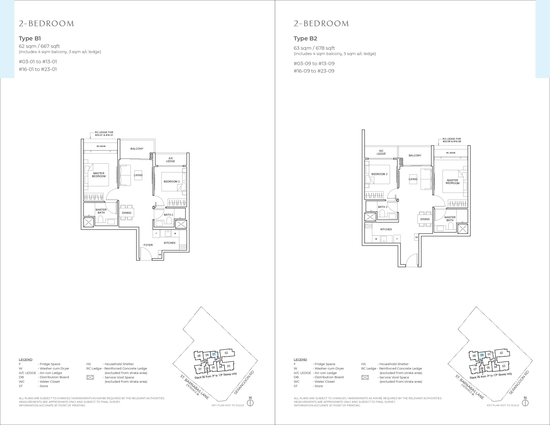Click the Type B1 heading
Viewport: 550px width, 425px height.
[x=30, y=38]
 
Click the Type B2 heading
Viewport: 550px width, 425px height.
[x=305, y=38]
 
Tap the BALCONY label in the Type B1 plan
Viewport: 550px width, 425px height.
[x=137, y=149]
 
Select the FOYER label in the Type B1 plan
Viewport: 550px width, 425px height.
[x=148, y=245]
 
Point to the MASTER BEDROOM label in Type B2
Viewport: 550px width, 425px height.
[x=452, y=182]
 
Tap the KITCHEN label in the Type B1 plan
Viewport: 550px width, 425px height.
[x=170, y=243]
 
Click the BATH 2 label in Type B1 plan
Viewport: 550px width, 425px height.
[x=168, y=215]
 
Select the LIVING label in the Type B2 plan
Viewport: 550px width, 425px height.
[x=413, y=179]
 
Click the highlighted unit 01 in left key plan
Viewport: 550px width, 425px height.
[x=214, y=354]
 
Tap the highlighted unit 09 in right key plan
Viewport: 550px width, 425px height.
[x=482, y=355]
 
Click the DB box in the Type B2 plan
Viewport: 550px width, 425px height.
[x=417, y=237]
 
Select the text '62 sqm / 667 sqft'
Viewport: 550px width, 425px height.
[x=39, y=46]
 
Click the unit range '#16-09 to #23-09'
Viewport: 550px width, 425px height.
[x=314, y=71]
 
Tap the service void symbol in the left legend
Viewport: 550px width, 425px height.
[x=90, y=377]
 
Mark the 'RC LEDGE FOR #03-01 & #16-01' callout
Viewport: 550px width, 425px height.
[x=104, y=133]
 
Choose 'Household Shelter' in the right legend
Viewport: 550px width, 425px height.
[x=394, y=364]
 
